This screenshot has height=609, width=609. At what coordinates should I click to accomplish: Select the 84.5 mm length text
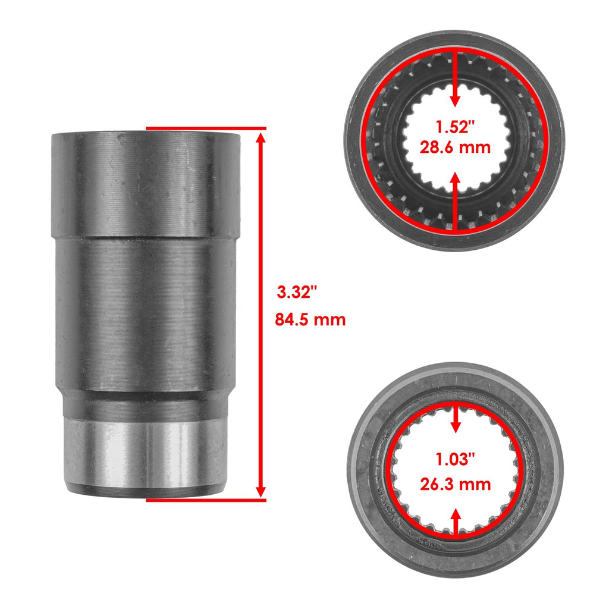310,319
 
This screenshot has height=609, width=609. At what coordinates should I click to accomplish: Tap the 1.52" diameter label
455,127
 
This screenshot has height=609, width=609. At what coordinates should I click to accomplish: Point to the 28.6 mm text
455,147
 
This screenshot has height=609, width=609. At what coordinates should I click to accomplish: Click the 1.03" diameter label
455,460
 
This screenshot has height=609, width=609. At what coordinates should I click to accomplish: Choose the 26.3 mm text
455,484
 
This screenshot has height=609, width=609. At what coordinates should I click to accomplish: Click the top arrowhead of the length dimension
261,137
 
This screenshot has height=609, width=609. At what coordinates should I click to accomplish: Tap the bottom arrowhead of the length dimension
261,492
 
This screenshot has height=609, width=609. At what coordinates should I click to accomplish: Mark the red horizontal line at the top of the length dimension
206,128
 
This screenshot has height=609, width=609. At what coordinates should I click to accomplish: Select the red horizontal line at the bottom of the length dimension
206,500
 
